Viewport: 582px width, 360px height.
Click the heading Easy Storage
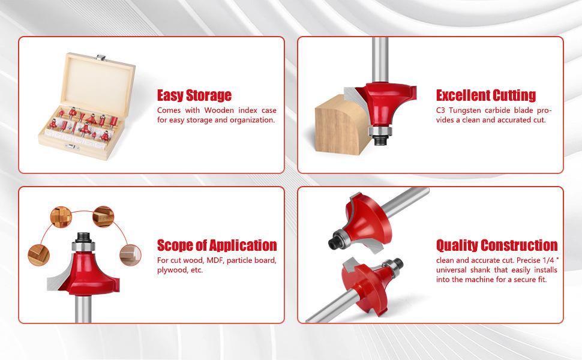tap(194, 95)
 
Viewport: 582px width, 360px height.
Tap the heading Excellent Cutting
tap(486, 95)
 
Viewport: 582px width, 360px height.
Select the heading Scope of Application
tap(217, 245)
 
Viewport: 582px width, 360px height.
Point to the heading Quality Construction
tap(497, 245)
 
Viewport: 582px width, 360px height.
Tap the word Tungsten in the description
tap(464, 110)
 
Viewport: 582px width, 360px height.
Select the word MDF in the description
tap(215, 260)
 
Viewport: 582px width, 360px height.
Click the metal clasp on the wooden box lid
tap(100, 57)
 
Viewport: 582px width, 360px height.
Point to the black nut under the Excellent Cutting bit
tap(380, 140)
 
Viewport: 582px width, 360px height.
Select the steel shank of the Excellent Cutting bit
tap(380, 60)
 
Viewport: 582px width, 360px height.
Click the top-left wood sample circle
tap(61, 217)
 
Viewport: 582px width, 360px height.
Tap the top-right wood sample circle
tap(103, 217)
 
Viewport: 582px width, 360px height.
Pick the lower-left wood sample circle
tap(38, 255)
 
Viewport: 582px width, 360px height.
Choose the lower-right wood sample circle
tap(130, 255)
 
